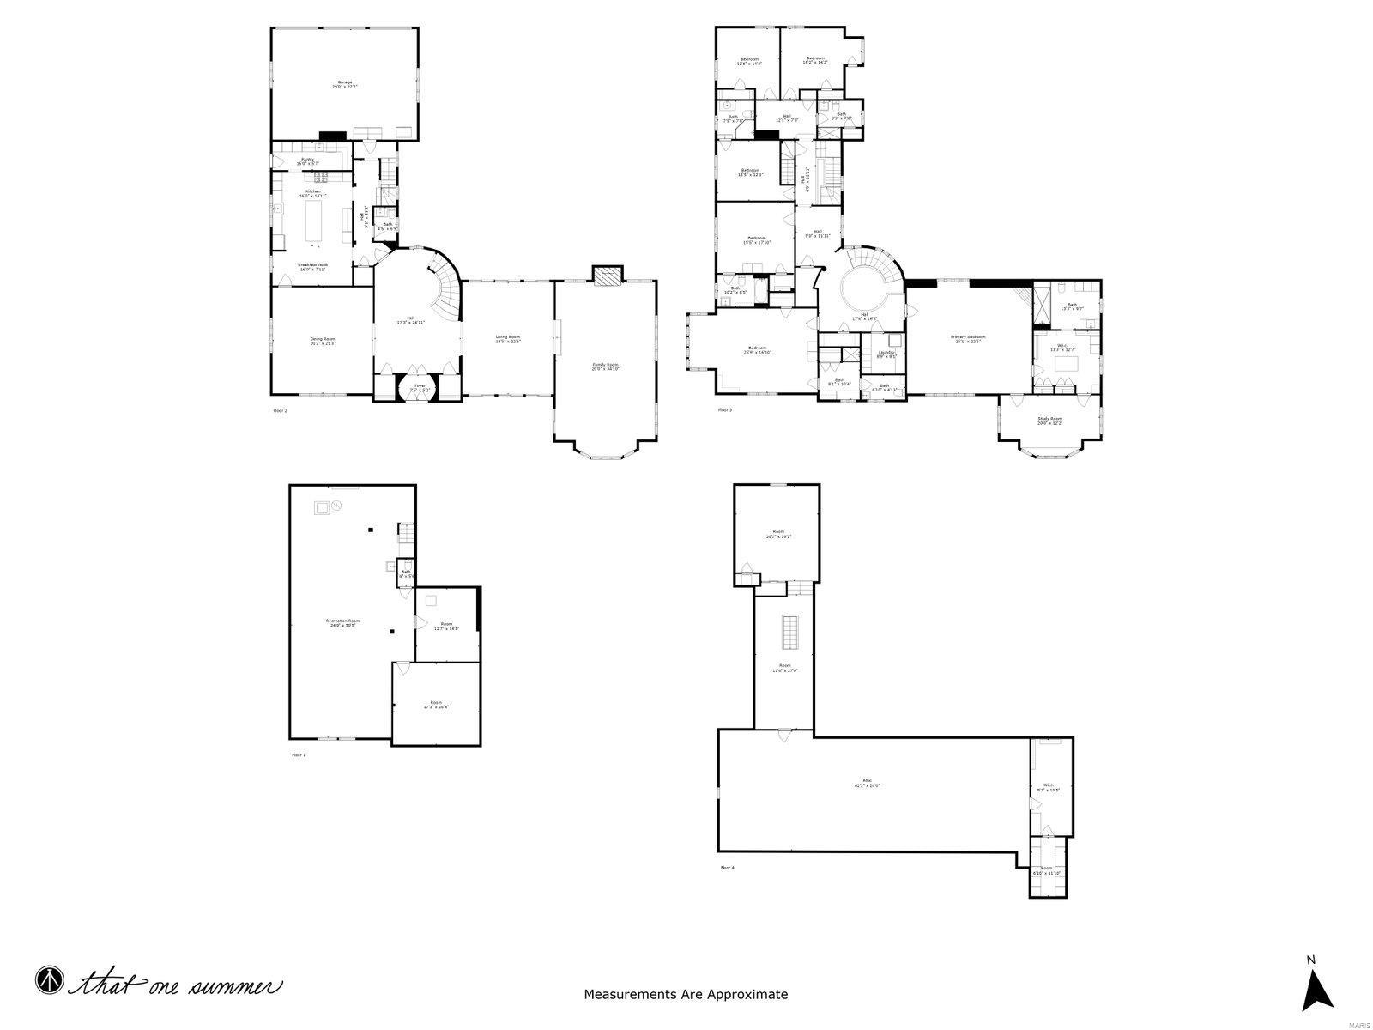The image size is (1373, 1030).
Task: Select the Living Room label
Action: [x=507, y=339]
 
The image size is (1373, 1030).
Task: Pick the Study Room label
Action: [x=1049, y=421]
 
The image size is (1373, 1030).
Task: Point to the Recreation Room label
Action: [x=342, y=622]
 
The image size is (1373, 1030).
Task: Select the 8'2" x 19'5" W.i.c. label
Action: [x=1048, y=786]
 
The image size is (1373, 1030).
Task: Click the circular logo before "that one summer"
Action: [x=49, y=979]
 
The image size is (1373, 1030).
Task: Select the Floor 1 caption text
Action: [x=298, y=754]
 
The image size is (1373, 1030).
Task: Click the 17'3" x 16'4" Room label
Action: [x=436, y=705]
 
